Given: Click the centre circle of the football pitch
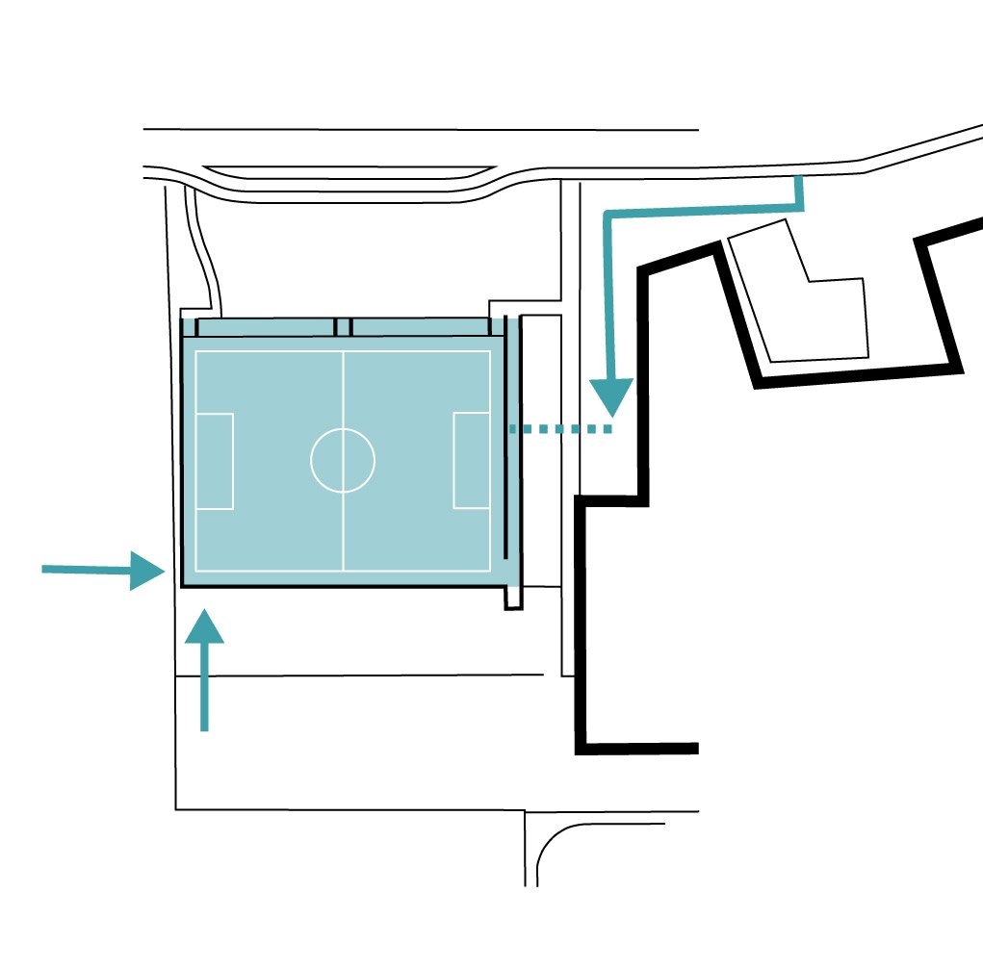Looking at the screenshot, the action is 343,460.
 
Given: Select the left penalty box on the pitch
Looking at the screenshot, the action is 215,461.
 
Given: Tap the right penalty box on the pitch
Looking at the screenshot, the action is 471,460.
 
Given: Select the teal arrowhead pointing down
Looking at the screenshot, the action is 610,397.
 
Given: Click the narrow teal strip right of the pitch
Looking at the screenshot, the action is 514,452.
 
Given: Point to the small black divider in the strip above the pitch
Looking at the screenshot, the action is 344,326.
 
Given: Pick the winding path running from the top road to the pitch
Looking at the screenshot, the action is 204,250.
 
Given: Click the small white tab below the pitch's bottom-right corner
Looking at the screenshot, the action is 514,598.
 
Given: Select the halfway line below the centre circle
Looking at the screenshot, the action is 344,529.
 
